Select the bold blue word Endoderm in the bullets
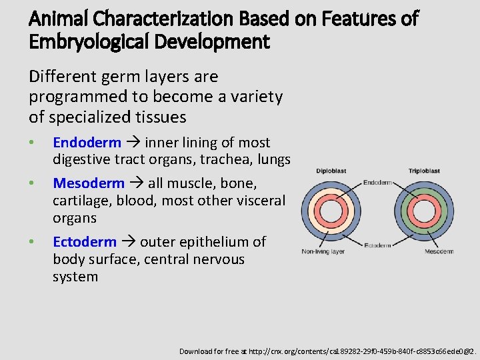click(87, 143)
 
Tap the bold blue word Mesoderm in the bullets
click(89, 183)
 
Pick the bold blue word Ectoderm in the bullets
click(85, 242)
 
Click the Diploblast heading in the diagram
click(331, 171)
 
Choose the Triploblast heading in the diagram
click(424, 171)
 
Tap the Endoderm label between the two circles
click(377, 183)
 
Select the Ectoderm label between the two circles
click(378, 245)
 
